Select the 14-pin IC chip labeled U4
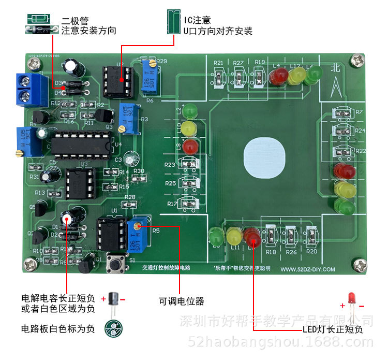click(82, 144)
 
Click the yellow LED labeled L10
click(190, 127)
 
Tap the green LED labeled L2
click(190, 111)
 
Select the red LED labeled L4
click(277, 77)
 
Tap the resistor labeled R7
click(342, 113)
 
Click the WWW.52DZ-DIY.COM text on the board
click(308, 269)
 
